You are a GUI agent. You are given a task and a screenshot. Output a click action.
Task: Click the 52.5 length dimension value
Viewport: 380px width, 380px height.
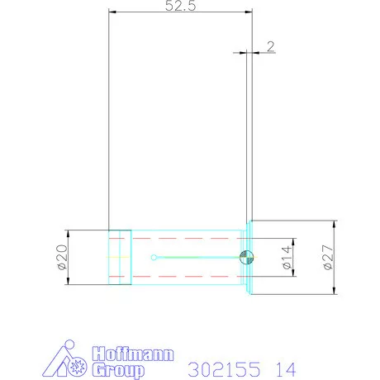coord(180,6)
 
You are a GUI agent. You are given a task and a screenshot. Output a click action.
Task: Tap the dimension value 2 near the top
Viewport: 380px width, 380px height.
coord(271,46)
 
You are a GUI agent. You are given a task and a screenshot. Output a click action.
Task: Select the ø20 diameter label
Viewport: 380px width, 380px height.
coord(62,257)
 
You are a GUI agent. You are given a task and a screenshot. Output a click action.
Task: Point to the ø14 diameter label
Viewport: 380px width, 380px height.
coord(287,257)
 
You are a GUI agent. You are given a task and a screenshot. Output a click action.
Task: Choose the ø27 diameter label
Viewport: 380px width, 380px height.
coord(328,257)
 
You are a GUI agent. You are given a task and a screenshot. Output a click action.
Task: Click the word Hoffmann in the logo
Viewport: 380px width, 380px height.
coord(133,354)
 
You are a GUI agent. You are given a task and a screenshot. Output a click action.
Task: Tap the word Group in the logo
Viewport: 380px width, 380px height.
coord(118,370)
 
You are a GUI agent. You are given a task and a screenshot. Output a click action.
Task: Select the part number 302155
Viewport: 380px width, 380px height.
coord(224,369)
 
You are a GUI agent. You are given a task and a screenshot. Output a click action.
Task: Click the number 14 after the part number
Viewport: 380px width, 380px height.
coord(286,369)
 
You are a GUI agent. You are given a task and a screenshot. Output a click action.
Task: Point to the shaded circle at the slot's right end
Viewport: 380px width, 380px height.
coord(246,258)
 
